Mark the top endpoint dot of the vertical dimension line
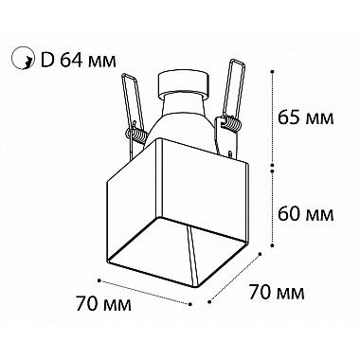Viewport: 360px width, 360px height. [x=272, y=71]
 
